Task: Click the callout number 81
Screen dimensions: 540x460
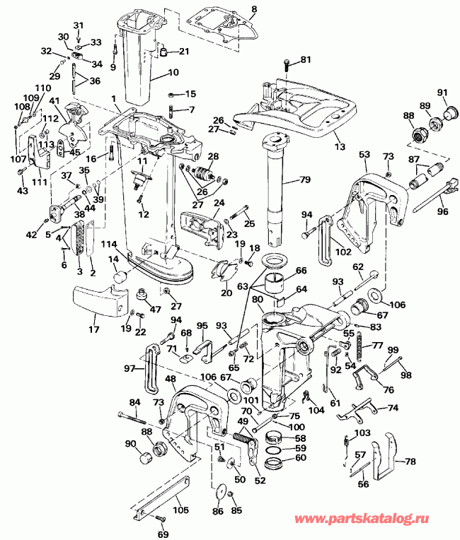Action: pyautogui.click(x=306, y=59)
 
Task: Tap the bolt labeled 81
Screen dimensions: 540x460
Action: pyautogui.click(x=286, y=67)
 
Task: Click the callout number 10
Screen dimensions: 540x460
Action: pyautogui.click(x=174, y=73)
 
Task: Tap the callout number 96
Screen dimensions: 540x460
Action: pyautogui.click(x=443, y=210)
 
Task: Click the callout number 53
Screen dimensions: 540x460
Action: pyautogui.click(x=364, y=154)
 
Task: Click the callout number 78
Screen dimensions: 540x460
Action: pyautogui.click(x=410, y=462)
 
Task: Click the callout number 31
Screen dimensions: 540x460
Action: pyautogui.click(x=79, y=26)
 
